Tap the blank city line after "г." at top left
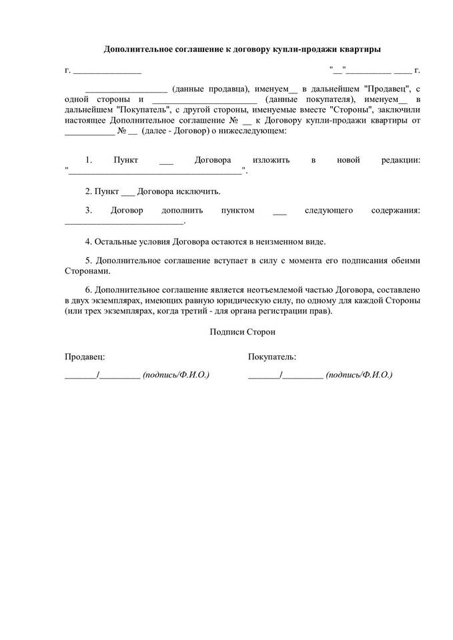point(107,70)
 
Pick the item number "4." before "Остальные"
point(89,241)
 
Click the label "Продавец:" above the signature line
point(84,357)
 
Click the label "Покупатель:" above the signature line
point(272,357)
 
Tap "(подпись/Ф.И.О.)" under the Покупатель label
point(359,375)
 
